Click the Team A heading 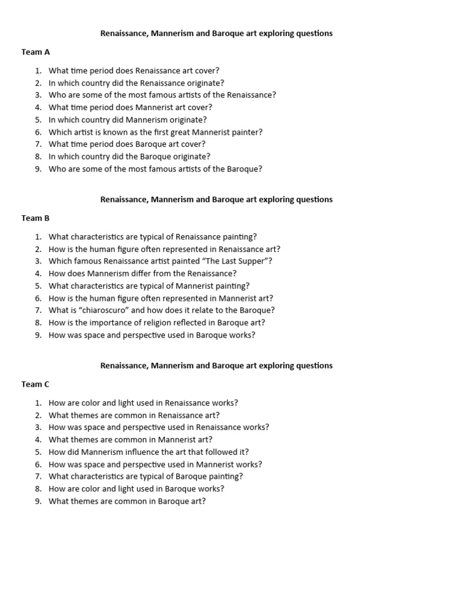(x=35, y=52)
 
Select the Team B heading (x=35, y=218)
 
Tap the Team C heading (x=35, y=384)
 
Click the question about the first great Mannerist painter (x=155, y=132)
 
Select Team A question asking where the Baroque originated (x=129, y=156)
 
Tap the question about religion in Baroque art (x=156, y=322)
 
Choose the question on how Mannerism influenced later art (x=149, y=452)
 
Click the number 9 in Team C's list (x=38, y=501)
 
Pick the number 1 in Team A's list (x=38, y=70)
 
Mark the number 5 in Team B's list (x=38, y=286)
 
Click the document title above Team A (x=216, y=34)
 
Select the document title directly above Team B (x=216, y=199)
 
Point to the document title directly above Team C (x=216, y=365)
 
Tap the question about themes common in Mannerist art (x=131, y=440)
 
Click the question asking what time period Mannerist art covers (x=131, y=108)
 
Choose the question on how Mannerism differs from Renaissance (x=143, y=273)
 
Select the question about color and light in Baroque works (x=137, y=488)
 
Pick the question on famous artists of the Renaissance (x=162, y=95)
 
